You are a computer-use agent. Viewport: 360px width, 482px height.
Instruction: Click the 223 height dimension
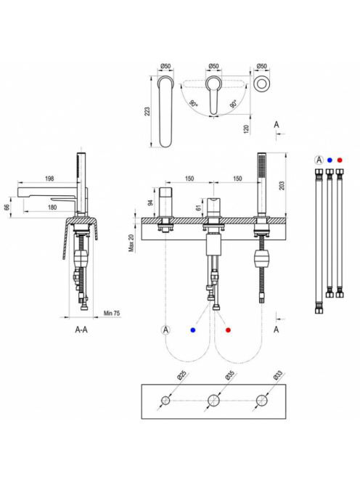click(x=147, y=111)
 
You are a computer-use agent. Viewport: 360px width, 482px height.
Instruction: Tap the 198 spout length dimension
click(x=49, y=179)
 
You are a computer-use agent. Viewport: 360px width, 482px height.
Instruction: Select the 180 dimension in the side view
click(x=52, y=207)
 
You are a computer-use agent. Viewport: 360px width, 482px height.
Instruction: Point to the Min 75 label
click(x=112, y=314)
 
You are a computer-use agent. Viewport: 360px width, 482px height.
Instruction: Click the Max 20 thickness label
click(x=131, y=243)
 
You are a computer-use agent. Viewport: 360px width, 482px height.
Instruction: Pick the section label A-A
click(x=81, y=330)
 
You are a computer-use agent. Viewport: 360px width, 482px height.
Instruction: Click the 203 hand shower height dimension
click(x=282, y=185)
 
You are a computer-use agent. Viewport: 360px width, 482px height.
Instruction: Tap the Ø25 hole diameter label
click(x=181, y=375)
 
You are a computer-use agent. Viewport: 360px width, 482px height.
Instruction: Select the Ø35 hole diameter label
click(x=229, y=375)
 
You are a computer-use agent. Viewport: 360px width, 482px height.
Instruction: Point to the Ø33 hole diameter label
click(x=277, y=375)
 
